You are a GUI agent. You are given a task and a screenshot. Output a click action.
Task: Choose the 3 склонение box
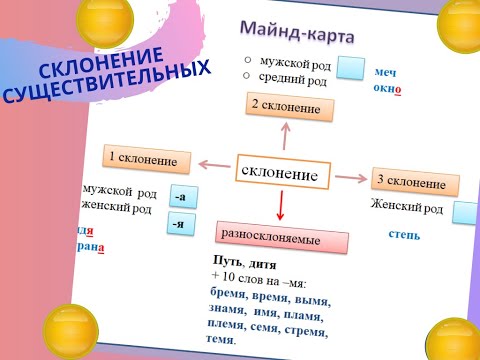coord(413,182)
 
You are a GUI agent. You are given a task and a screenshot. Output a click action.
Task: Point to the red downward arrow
coord(281,205)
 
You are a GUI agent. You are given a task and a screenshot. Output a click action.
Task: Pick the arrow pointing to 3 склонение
coord(349,177)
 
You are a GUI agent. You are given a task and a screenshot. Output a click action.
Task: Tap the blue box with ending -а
coord(181,196)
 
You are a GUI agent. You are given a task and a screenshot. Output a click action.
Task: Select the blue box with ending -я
coord(180,223)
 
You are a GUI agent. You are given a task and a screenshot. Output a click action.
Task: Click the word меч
coord(386,73)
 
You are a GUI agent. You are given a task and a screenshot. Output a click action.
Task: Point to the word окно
coord(387,88)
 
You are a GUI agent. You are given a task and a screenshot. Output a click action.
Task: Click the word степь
coord(404,236)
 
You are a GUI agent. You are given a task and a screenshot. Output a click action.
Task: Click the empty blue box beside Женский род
coord(465,212)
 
